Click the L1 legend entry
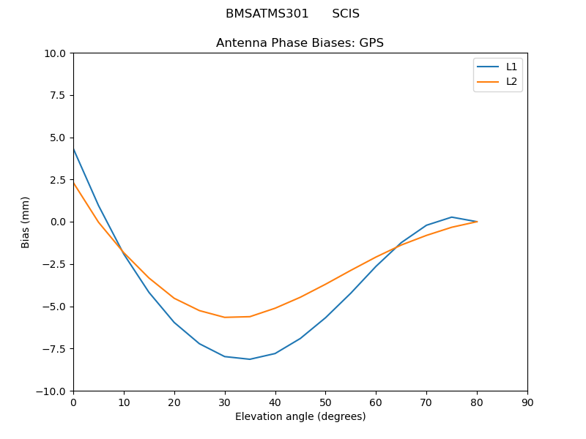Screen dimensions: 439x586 pos(511,67)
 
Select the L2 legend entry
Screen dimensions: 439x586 pos(511,81)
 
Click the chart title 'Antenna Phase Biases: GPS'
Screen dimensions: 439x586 pos(300,43)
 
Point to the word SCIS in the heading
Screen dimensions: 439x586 pos(346,14)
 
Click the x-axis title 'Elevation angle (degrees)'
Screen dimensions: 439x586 pos(300,417)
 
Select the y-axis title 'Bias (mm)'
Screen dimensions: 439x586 pos(26,222)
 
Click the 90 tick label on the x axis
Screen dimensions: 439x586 pos(527,402)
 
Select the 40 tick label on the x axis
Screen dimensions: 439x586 pos(275,402)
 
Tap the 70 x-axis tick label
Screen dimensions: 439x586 pos(426,402)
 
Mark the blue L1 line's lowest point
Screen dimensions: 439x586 pos(250,359)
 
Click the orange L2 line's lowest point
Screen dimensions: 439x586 pos(225,318)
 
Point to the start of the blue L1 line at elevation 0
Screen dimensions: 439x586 pos(73,149)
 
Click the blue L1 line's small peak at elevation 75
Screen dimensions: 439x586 pos(451,217)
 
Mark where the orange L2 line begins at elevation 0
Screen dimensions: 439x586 pos(73,183)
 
